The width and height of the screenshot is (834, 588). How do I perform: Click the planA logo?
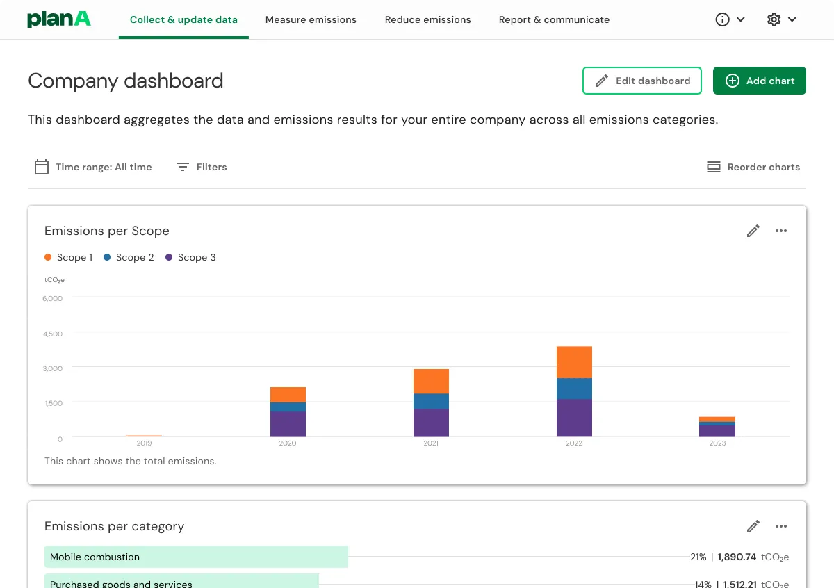[59, 19]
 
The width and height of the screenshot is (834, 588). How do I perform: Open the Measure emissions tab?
[311, 19]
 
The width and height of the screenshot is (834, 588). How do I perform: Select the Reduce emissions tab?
[427, 19]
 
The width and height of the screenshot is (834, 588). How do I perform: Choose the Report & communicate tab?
[554, 19]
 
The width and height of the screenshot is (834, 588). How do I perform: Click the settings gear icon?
[774, 19]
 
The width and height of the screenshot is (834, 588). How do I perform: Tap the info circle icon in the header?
[723, 19]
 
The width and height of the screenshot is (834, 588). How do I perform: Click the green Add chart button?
[759, 81]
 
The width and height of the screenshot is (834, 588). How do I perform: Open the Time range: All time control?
[93, 167]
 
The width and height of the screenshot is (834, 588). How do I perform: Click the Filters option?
[202, 167]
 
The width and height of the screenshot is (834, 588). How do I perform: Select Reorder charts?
[753, 167]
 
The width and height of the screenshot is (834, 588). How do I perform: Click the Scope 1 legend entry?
[68, 257]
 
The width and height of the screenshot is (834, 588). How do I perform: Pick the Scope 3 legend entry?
[190, 257]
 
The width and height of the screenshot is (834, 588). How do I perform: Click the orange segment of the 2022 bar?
[574, 362]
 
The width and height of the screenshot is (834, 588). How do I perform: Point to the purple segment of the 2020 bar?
[288, 424]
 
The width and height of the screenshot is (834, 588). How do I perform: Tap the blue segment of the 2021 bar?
[431, 401]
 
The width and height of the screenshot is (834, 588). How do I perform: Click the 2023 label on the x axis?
[717, 443]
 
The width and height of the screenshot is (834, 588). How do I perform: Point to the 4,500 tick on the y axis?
[53, 334]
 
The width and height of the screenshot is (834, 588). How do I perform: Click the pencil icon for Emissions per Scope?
[753, 231]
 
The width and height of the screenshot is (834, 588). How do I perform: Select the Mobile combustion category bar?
[196, 557]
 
